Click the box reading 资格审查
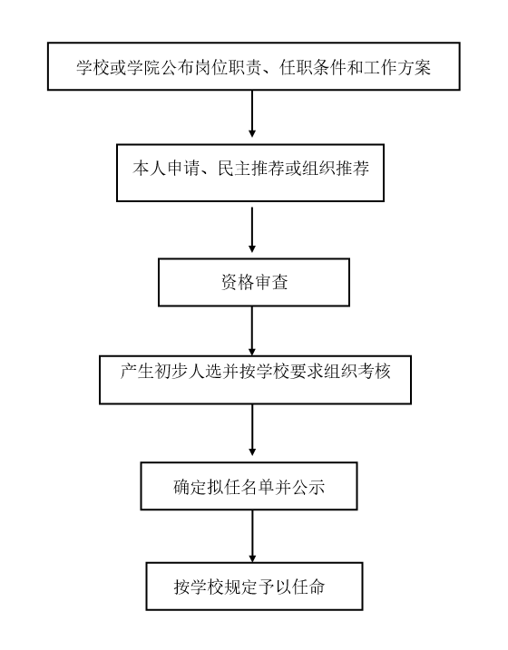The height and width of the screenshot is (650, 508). click(254, 282)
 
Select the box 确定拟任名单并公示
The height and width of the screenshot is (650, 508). click(249, 486)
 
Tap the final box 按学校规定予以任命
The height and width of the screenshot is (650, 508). click(254, 587)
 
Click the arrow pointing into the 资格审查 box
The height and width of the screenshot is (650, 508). click(251, 230)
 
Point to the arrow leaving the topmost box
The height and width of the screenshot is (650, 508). click(251, 113)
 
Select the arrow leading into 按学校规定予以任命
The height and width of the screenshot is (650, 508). click(251, 536)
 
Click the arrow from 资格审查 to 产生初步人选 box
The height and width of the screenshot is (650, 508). click(251, 331)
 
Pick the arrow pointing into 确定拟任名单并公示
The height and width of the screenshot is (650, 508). click(251, 430)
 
